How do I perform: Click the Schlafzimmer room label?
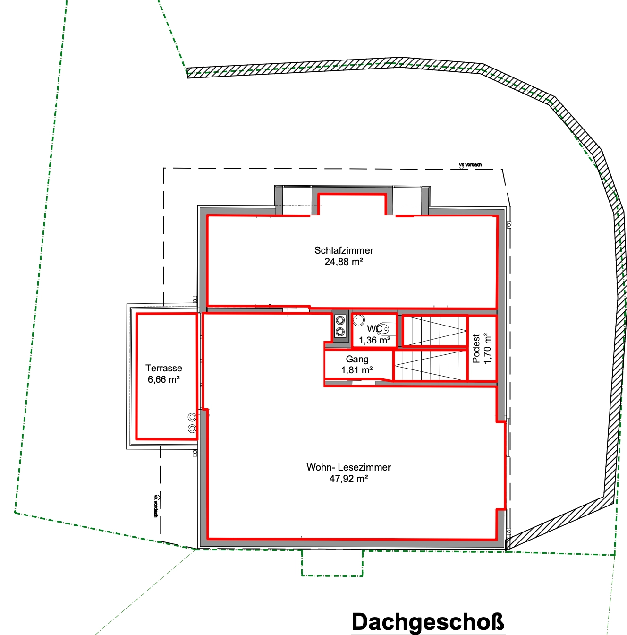point(344,250)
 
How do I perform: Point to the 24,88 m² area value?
point(344,262)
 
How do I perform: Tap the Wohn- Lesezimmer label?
point(348,467)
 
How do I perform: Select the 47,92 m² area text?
point(348,479)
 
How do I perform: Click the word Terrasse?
point(164,368)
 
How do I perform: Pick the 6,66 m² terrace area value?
point(164,379)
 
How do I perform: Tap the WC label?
point(375,329)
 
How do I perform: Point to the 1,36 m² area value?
point(375,340)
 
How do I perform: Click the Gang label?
point(357,360)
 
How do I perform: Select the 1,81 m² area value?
point(357,370)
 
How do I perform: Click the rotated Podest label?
point(476,349)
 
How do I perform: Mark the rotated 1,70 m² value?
point(487,348)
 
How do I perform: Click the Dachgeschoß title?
point(428,622)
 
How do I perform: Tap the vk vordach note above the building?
point(470,165)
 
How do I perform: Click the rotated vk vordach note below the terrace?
point(156,506)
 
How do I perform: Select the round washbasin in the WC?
point(359,319)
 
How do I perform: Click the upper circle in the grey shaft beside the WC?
point(340,320)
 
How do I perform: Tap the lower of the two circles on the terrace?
point(192,429)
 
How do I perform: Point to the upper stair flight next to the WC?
point(435,331)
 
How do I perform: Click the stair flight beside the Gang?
point(430,365)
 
